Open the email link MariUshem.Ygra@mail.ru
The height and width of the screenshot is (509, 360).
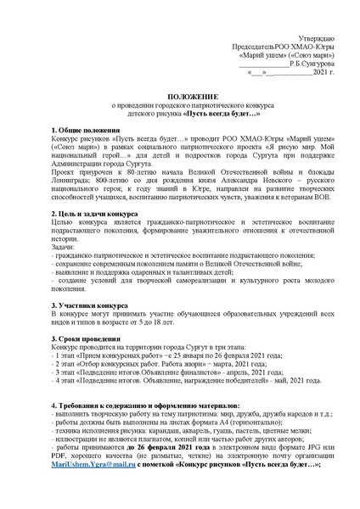pos(86,477)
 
